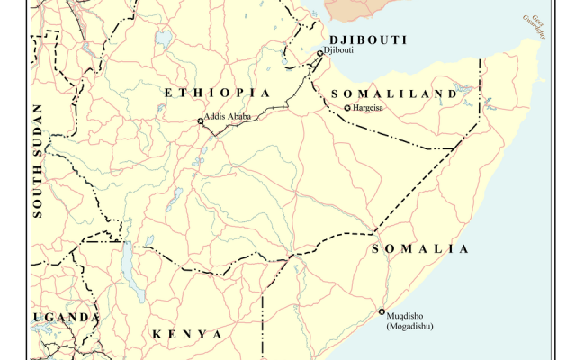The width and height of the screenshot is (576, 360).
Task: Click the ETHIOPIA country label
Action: tap(216, 93)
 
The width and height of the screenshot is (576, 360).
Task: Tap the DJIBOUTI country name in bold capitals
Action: tap(368, 40)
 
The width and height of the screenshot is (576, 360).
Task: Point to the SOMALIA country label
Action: tap(419, 248)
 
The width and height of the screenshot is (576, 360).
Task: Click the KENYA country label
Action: tap(187, 334)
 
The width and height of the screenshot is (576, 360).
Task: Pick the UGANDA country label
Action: tap(66, 318)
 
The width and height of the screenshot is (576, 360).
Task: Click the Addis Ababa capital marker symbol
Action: tap(201, 120)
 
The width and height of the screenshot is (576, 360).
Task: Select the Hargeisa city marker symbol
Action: tap(348, 108)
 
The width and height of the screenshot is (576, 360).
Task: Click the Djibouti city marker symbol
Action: tap(319, 53)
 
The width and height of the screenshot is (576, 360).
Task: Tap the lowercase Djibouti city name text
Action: tap(338, 50)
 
